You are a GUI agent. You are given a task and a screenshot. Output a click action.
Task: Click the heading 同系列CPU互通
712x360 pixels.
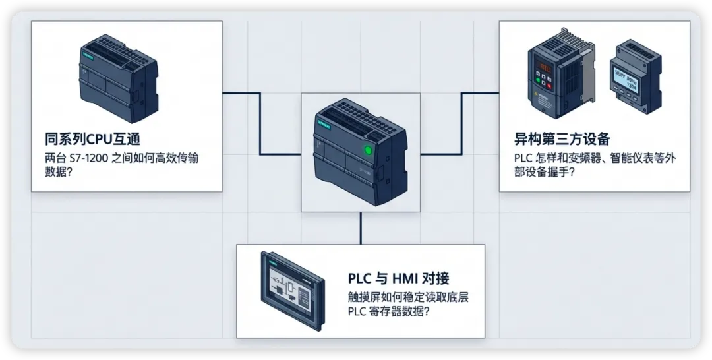pyautogui.click(x=92, y=139)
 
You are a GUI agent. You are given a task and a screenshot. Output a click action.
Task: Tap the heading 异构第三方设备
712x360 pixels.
pyautogui.click(x=562, y=139)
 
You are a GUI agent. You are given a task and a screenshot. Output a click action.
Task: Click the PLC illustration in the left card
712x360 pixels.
pyautogui.click(x=118, y=78)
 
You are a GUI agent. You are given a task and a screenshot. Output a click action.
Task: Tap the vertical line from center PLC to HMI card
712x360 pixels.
pyautogui.click(x=361, y=228)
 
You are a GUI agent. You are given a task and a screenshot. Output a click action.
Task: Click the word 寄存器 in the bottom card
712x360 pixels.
pyautogui.click(x=390, y=312)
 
